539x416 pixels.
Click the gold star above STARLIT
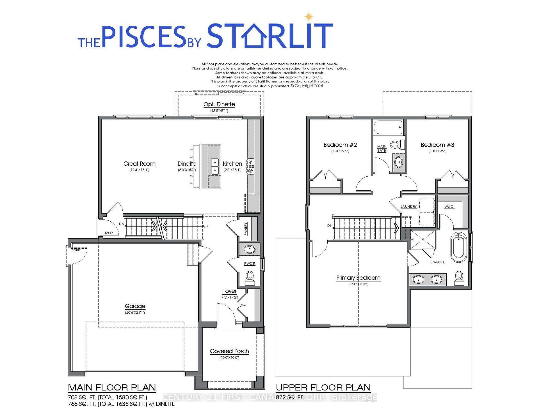coord(309,17)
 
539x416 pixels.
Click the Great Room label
coord(139,164)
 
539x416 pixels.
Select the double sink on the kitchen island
coord(215,167)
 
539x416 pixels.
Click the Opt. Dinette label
coord(219,104)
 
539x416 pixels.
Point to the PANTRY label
coord(246,229)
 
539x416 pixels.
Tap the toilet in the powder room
coord(249,276)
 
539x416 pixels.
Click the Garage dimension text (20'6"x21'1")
coord(135,312)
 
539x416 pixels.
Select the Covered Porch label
coord(229,351)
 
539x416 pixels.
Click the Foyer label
coord(229,291)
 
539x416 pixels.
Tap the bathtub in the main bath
coord(388,128)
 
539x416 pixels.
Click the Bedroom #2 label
coord(340,145)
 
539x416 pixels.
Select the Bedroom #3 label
coord(437,145)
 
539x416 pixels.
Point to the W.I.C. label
coord(449,207)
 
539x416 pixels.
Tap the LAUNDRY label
coord(408,207)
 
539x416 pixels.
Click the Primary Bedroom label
coord(358,278)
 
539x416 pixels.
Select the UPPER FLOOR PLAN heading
coord(323,388)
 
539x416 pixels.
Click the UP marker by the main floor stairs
coord(206,227)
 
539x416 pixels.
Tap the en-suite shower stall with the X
coord(423,239)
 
